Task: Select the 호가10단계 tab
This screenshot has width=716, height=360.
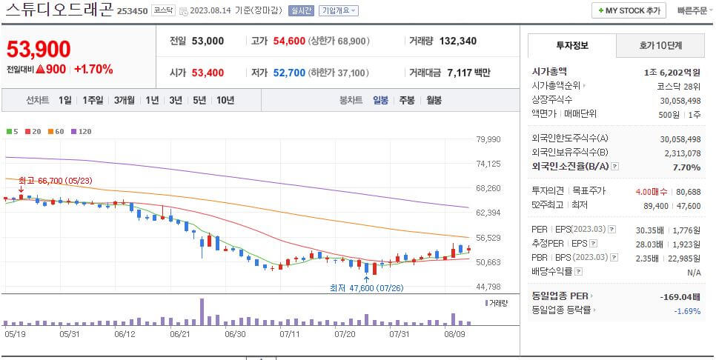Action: pyautogui.click(x=660, y=46)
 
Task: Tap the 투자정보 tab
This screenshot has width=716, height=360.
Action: pyautogui.click(x=571, y=46)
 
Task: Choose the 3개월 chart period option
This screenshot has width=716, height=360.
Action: pyautogui.click(x=125, y=100)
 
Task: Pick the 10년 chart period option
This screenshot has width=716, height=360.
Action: pyautogui.click(x=225, y=100)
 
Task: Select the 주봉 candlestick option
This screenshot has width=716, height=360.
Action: pyautogui.click(x=407, y=100)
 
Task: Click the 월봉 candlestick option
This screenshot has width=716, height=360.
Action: pyautogui.click(x=434, y=100)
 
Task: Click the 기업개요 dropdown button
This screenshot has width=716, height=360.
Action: pyautogui.click(x=339, y=11)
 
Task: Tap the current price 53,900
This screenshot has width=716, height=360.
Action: pyautogui.click(x=39, y=49)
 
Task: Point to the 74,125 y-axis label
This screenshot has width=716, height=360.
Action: pyautogui.click(x=488, y=164)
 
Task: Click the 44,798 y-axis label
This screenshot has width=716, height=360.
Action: pyautogui.click(x=488, y=287)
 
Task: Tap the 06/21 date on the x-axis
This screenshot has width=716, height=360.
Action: pyautogui.click(x=182, y=334)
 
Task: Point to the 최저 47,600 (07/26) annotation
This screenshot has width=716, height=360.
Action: pyautogui.click(x=367, y=287)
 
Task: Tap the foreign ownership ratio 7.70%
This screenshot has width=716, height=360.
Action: pyautogui.click(x=686, y=167)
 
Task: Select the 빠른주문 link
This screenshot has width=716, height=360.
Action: pyautogui.click(x=692, y=10)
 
